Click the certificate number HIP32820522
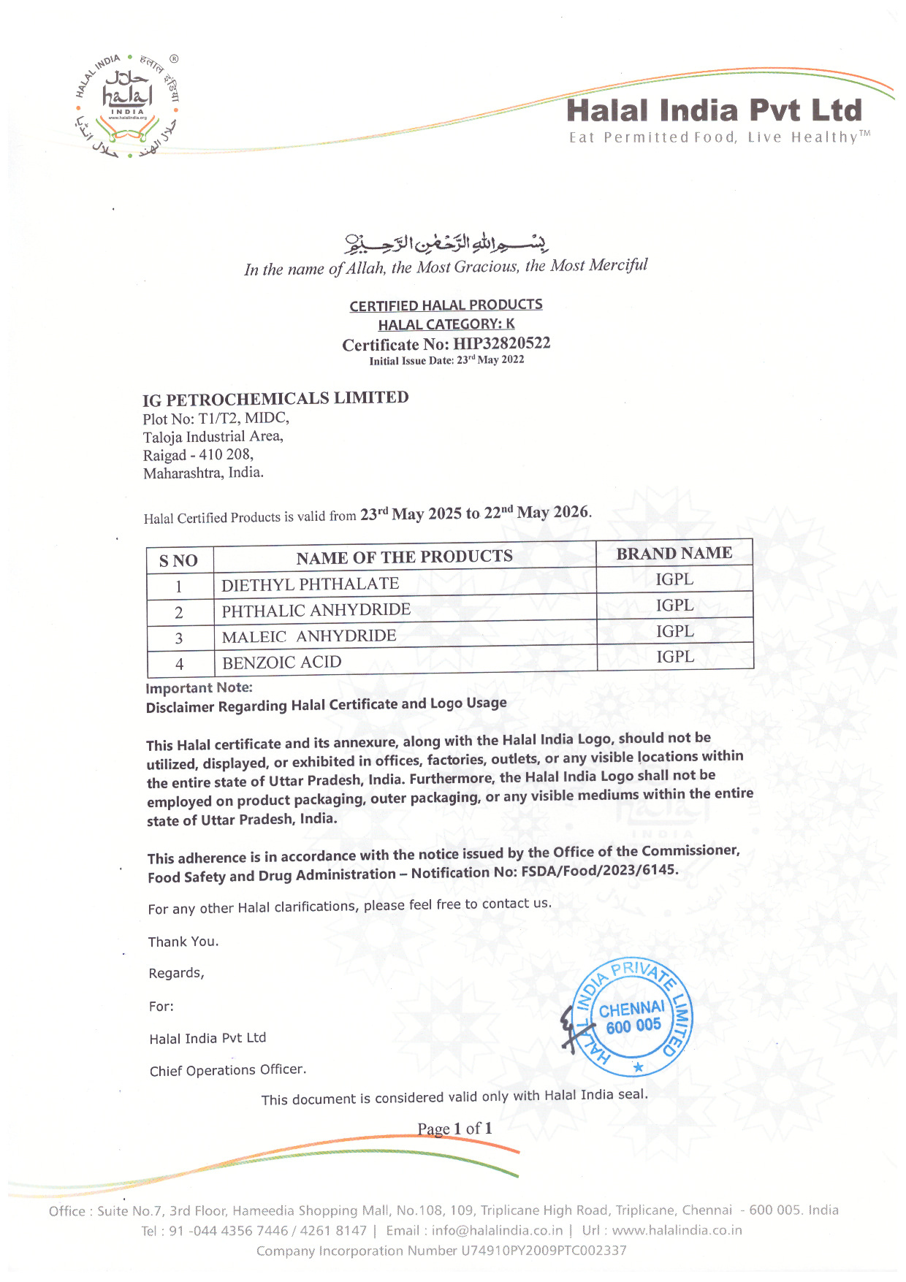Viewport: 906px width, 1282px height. point(501,343)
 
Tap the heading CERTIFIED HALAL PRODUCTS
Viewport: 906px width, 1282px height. point(446,305)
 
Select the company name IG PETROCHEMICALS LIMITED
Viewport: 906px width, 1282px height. point(275,399)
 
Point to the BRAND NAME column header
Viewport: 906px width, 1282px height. point(674,554)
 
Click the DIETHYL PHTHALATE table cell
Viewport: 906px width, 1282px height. point(311,584)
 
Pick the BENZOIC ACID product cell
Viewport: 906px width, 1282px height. point(282,663)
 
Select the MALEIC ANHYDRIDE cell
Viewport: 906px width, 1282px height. point(309,636)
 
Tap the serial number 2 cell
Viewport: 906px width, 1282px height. point(179,613)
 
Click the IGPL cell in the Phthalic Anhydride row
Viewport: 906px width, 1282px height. point(674,605)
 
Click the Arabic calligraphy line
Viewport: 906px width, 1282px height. point(446,243)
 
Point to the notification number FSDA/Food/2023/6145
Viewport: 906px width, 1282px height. point(599,871)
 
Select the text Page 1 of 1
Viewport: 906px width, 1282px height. point(454,1129)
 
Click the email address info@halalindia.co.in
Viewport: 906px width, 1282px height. point(497,1230)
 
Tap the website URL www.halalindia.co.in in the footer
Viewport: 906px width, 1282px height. point(677,1230)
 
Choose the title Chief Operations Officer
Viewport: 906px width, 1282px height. point(227,1070)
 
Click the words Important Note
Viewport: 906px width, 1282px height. point(199,688)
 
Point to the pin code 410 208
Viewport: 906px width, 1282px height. point(226,454)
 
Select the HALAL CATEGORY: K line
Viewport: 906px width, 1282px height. point(446,324)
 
